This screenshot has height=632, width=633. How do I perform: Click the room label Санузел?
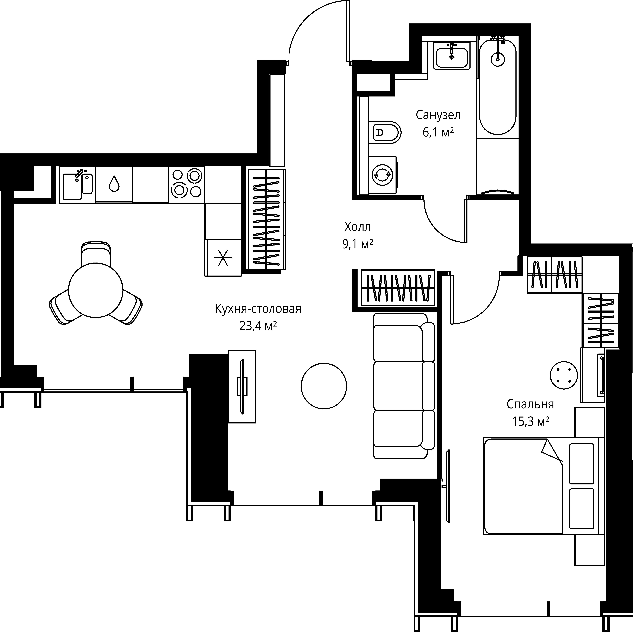438,115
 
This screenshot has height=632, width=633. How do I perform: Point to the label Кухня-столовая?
258,309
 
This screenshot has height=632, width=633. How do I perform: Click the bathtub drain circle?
498,59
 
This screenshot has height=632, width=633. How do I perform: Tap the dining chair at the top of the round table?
96,253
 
